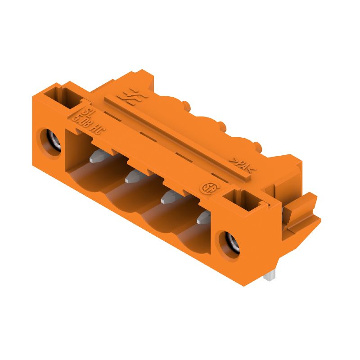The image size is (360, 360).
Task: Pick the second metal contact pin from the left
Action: pos(133,176)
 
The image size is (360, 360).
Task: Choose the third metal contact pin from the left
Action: pos(169,197)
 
